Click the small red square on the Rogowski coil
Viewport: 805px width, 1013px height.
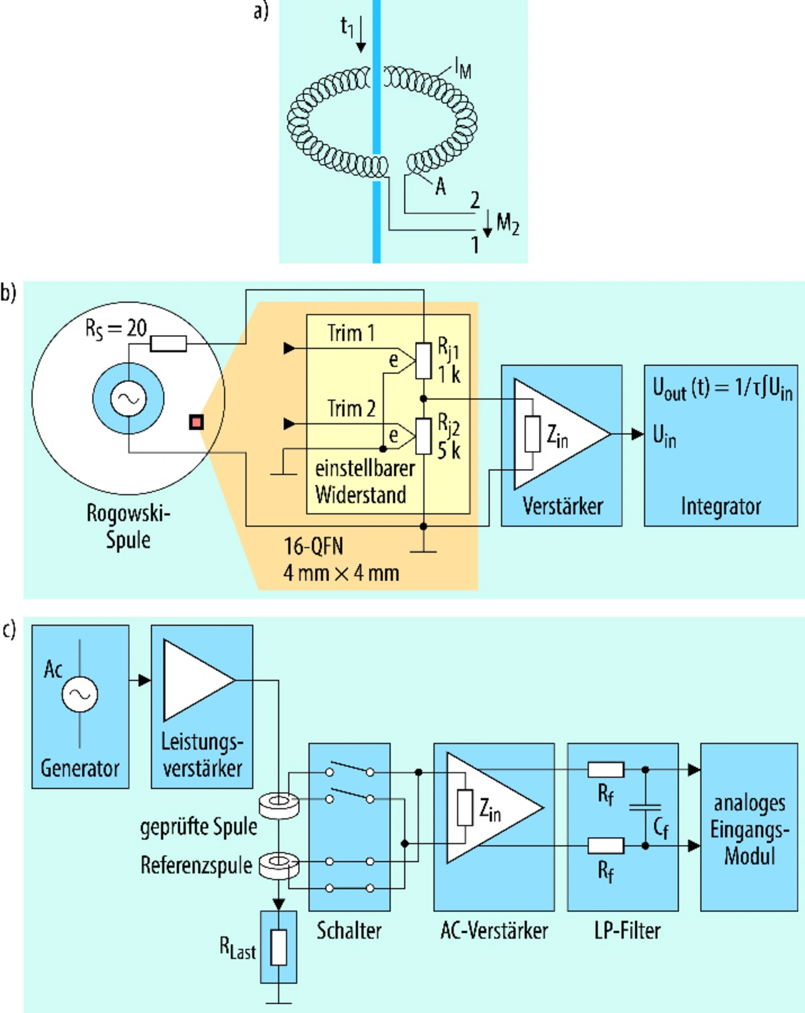point(196,422)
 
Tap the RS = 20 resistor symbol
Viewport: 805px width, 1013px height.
point(168,343)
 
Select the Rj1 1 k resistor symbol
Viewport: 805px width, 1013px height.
point(424,361)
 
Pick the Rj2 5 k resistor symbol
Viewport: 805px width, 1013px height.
point(424,435)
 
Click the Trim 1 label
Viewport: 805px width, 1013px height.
point(350,333)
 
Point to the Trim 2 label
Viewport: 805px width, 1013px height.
point(351,408)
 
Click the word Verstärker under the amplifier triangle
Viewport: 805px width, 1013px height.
point(562,506)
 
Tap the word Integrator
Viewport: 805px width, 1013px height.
point(721,506)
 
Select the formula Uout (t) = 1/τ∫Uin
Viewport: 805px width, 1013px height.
point(722,389)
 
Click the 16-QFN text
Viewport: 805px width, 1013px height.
point(313,546)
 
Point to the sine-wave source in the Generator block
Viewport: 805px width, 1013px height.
point(80,694)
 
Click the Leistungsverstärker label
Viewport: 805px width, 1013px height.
point(202,755)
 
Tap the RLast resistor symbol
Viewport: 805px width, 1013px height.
point(279,947)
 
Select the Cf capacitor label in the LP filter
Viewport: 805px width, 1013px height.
point(660,828)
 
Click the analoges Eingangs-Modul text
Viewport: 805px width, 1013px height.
point(749,829)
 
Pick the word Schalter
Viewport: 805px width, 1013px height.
point(348,930)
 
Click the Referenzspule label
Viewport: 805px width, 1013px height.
point(196,865)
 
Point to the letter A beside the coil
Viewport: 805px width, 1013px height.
point(440,186)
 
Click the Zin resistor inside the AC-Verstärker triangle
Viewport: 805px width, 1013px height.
point(465,807)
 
